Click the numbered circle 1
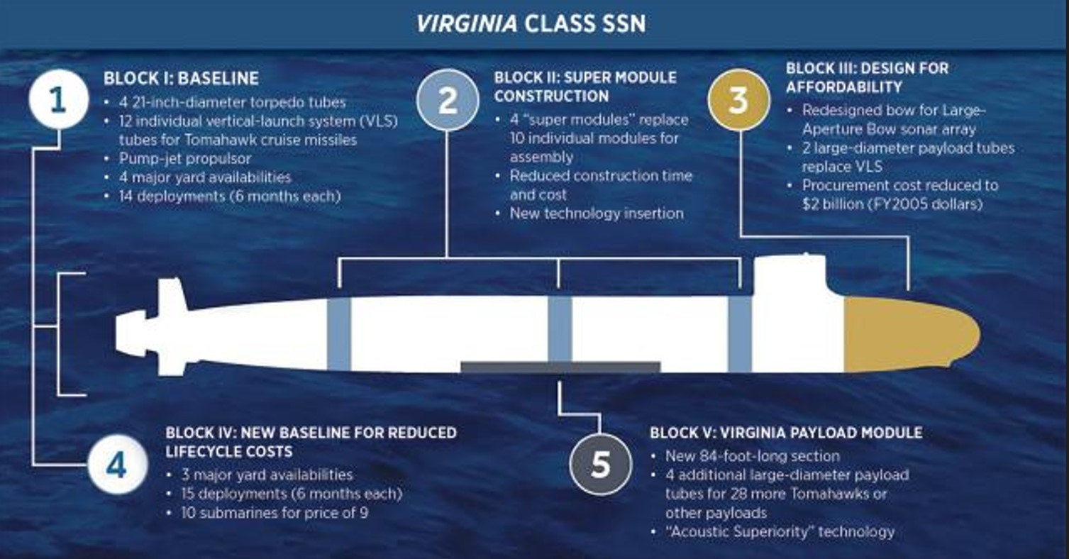click(58, 99)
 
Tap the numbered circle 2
click(448, 101)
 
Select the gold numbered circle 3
click(738, 101)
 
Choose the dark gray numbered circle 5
click(600, 465)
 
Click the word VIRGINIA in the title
click(465, 23)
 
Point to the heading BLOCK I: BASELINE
click(181, 78)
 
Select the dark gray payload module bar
click(560, 367)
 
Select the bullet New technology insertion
click(596, 213)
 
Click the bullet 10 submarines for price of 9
click(274, 511)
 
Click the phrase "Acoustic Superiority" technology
click(780, 531)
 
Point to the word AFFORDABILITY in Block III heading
click(843, 87)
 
